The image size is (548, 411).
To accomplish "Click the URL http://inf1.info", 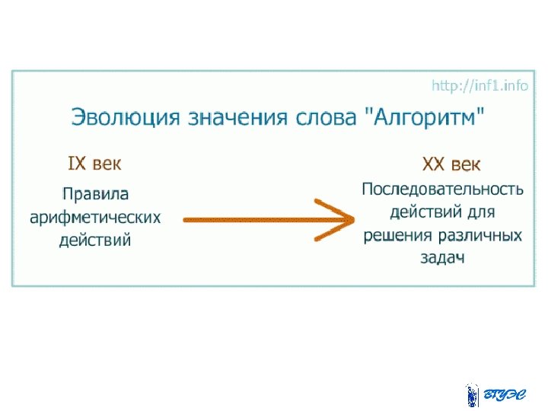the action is point(479,86).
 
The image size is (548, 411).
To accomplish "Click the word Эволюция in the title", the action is point(123,118).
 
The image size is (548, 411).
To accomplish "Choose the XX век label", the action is point(451,164).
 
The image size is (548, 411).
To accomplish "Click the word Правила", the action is point(95,193).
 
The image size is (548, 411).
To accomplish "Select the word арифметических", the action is point(95,218).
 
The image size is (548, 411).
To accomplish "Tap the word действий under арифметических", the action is point(95,241).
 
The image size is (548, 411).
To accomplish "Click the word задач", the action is point(442,258).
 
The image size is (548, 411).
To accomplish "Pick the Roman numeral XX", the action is point(434,164).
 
